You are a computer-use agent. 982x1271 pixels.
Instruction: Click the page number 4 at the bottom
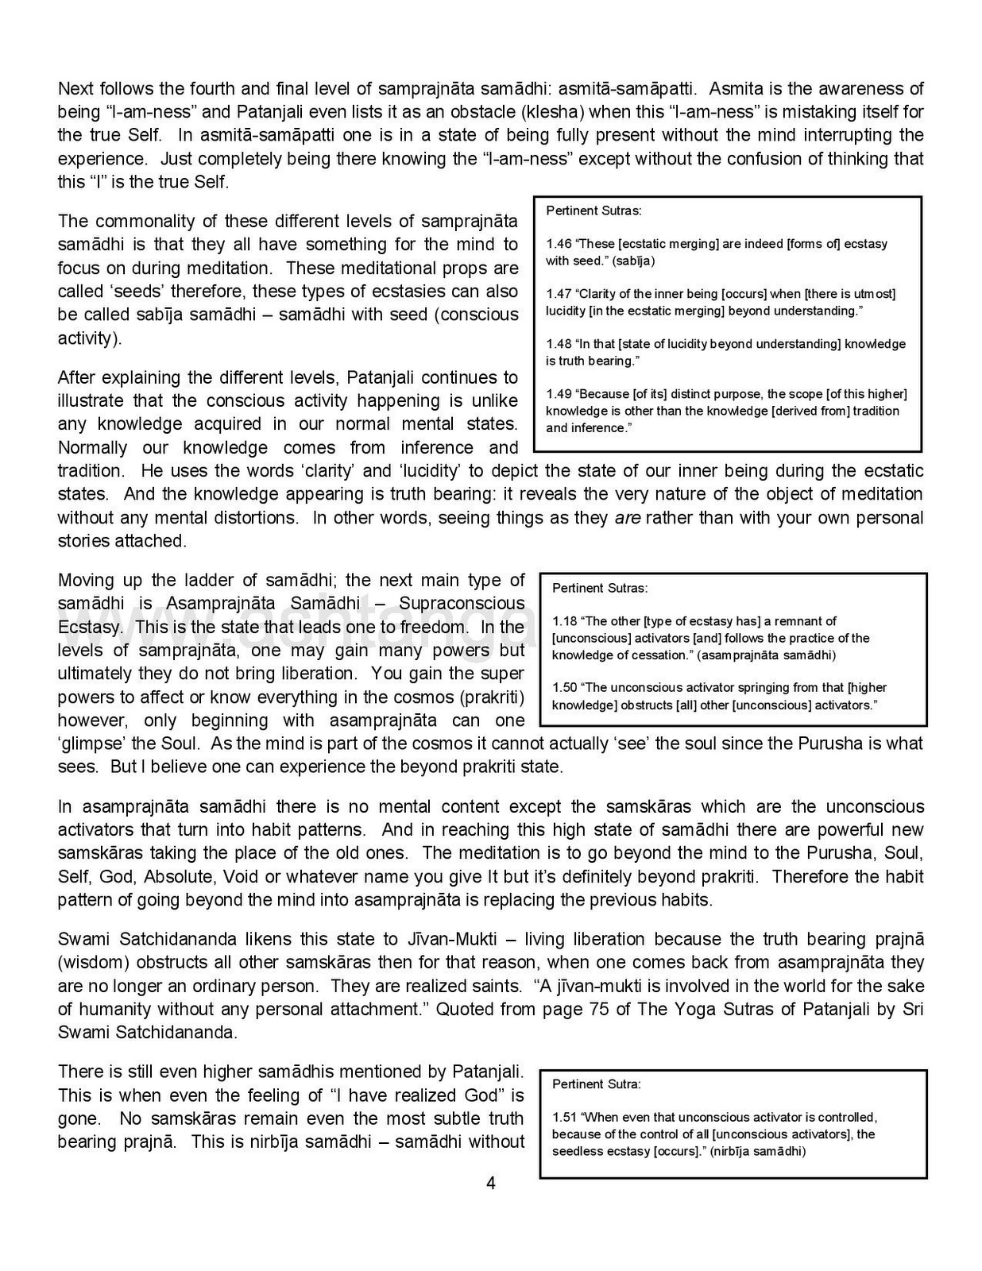coord(490,1184)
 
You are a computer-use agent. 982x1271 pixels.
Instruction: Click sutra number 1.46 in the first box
coord(559,244)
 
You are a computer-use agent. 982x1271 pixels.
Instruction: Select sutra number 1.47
coord(559,294)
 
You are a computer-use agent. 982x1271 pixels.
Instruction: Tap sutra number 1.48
coord(559,344)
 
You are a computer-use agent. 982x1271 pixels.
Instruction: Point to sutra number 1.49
coord(559,394)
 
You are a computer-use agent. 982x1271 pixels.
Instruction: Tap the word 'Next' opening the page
coord(75,88)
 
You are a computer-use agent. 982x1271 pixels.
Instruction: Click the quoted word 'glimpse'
coord(89,744)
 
